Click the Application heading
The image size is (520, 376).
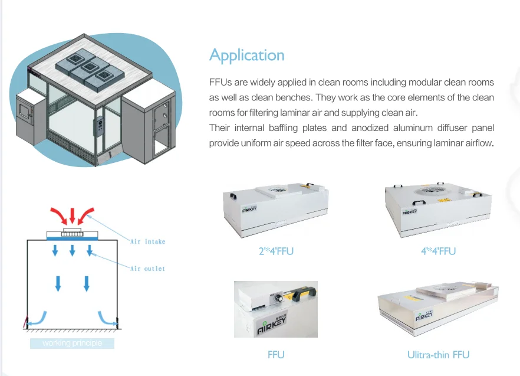pos(246,55)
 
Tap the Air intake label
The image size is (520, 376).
pos(147,241)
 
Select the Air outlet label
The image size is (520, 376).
pos(147,269)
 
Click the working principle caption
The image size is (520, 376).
pos(72,343)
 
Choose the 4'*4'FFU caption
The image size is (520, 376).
pos(438,251)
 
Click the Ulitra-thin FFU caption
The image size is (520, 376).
pos(438,355)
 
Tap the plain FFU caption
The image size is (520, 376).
pos(275,355)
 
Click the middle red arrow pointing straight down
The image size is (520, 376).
pos(72,215)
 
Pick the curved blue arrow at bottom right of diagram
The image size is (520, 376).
pos(107,318)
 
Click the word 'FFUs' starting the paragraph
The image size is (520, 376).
pos(219,82)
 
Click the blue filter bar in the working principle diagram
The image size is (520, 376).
pos(72,238)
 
